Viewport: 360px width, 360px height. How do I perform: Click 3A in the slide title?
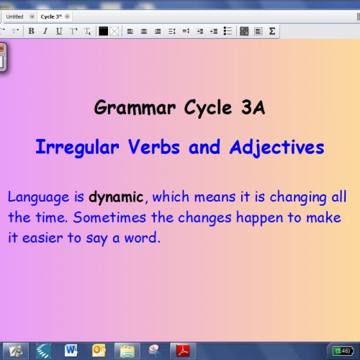[251, 109]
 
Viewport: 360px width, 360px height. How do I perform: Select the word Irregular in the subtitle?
[78, 148]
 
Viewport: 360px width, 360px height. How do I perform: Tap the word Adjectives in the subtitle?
[277, 148]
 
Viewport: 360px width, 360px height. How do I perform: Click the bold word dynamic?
[117, 197]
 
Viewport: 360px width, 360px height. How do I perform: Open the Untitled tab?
[15, 17]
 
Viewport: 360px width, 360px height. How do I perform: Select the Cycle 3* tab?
[50, 17]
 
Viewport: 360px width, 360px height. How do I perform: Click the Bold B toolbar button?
[32, 31]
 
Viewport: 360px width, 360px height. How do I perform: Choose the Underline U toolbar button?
[59, 31]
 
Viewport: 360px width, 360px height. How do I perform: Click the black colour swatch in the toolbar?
[103, 31]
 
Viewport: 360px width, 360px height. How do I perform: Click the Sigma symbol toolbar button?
[273, 31]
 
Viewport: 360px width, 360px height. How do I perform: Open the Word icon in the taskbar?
[71, 351]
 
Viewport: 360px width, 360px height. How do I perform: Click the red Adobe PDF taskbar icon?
[184, 351]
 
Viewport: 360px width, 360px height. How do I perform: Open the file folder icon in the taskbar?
[126, 351]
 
